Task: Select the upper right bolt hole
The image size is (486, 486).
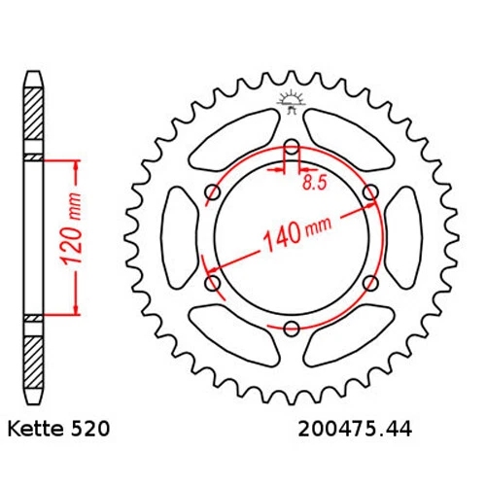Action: (x=369, y=192)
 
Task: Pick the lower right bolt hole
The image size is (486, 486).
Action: (x=369, y=283)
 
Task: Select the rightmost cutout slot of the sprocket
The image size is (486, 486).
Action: (x=404, y=238)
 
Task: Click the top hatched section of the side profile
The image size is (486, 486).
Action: (x=34, y=119)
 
